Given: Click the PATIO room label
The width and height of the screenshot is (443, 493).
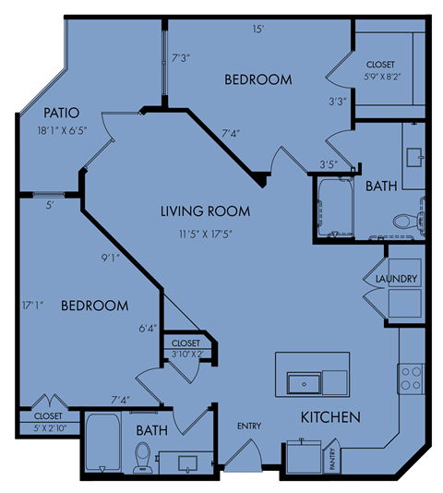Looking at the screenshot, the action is click(61, 113).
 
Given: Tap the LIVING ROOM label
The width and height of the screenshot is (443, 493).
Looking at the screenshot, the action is click(205, 211).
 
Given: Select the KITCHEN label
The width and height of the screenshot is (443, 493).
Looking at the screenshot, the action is click(330, 417).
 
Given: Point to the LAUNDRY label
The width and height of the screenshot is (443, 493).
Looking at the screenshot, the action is click(397, 279).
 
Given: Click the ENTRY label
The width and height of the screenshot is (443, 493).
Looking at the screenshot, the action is click(249, 426).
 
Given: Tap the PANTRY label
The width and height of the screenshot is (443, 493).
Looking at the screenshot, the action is click(332, 459).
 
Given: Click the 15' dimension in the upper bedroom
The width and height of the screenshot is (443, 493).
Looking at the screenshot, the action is click(257, 30).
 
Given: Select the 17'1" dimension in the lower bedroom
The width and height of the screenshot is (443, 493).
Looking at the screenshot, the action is click(32, 306).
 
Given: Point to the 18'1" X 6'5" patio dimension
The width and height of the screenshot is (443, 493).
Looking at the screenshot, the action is click(62, 130).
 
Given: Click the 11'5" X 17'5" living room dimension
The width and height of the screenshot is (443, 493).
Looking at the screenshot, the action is click(206, 234).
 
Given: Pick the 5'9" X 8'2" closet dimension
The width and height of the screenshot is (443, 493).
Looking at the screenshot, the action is click(382, 77).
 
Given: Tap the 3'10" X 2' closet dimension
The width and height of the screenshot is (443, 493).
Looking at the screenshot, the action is click(187, 354).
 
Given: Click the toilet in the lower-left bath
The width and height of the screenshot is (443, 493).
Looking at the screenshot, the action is click(143, 458).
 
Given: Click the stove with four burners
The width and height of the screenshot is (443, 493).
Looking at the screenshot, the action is click(411, 379).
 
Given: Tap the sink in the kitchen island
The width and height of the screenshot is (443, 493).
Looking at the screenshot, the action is click(305, 383).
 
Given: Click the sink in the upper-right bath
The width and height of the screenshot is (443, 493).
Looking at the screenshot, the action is click(415, 157).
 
